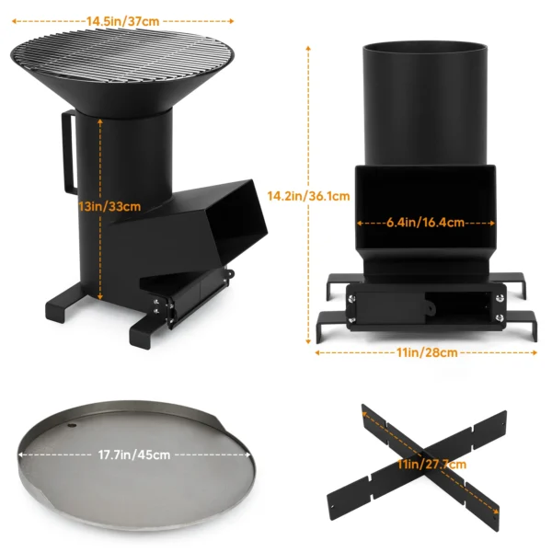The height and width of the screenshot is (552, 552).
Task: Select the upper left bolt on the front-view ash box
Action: coord(351,296)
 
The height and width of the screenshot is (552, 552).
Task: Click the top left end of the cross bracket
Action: coord(367,409)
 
